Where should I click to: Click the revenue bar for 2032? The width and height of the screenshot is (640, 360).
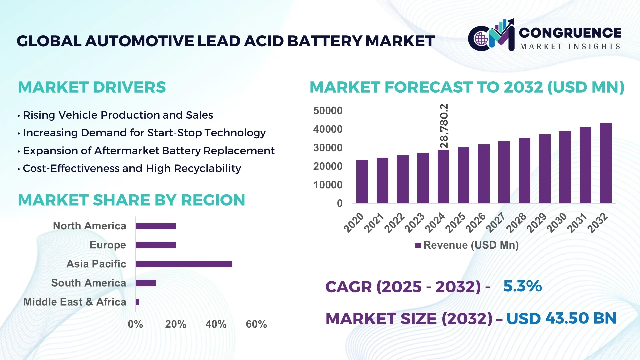click(606, 163)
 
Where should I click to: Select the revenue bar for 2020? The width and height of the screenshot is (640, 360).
click(362, 182)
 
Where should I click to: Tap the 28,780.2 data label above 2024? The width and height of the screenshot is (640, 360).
click(444, 126)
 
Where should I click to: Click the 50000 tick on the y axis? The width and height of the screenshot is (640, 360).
click(328, 111)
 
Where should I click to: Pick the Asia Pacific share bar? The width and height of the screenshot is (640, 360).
click(184, 264)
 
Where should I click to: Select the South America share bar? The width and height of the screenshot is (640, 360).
click(145, 283)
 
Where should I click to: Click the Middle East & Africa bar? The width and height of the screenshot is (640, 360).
click(137, 302)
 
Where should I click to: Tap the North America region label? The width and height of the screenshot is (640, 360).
click(89, 226)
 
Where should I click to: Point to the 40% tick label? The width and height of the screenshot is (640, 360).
click(216, 324)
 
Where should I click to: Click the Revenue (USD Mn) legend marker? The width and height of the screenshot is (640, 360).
click(418, 245)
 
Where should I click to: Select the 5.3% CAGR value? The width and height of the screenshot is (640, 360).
click(522, 286)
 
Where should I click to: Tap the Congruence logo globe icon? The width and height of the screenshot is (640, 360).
click(481, 39)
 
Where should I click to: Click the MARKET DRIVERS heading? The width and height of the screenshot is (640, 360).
click(92, 87)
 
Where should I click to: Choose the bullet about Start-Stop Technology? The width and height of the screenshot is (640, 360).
click(144, 133)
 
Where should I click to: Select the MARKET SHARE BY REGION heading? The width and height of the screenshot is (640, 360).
click(131, 200)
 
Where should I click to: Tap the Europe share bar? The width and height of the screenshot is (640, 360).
click(155, 245)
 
